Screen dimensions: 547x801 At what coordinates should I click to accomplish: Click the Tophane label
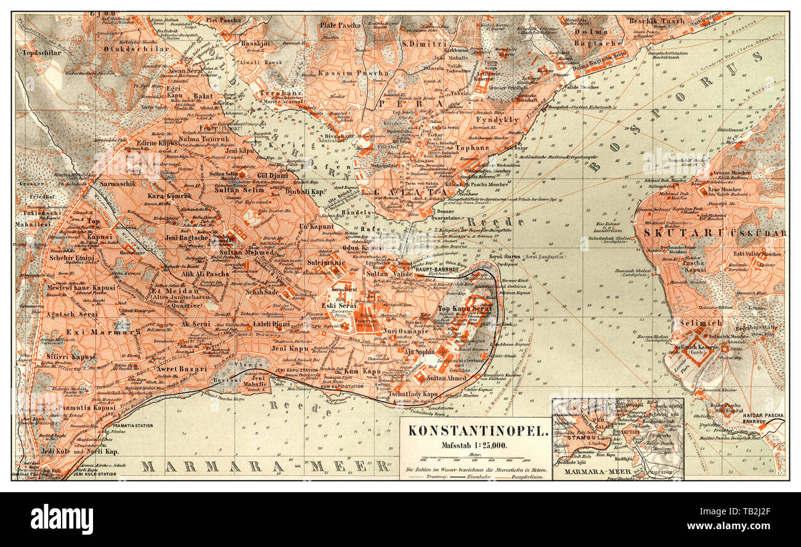[x=472, y=148]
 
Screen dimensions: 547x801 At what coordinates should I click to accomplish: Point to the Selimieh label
[x=700, y=323]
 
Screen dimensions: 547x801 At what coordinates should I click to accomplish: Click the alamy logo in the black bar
[x=62, y=519]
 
